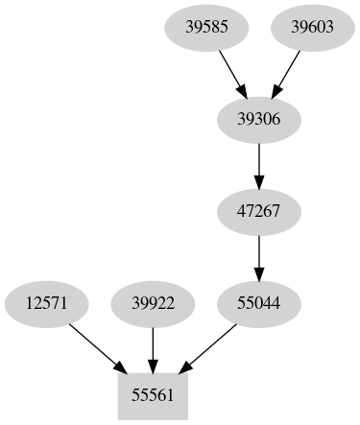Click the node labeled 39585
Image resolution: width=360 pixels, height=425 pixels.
[206, 27]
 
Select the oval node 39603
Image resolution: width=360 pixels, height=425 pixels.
[312, 27]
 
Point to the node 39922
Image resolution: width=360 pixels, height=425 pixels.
[153, 304]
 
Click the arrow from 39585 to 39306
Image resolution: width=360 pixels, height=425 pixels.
[232, 72]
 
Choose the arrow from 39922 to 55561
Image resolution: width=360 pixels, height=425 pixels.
[153, 347]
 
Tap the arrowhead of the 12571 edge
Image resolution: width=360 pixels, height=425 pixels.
[119, 367]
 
